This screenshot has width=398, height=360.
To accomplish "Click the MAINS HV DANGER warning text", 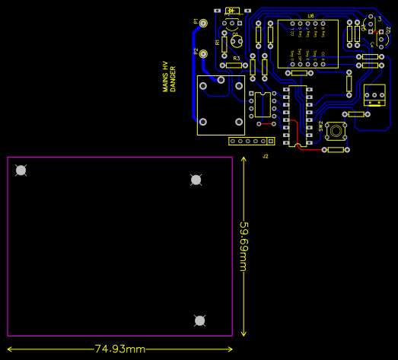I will coord(168,78).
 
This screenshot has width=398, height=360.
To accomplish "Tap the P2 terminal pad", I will coord(203,54).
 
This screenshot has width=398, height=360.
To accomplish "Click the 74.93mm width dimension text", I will coord(119,349).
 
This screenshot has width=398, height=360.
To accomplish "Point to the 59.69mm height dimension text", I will coord(244,247).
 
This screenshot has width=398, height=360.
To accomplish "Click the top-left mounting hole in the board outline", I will coord(21,170).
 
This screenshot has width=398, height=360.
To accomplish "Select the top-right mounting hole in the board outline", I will coord(196,180).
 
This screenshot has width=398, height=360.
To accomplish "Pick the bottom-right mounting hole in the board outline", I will coord(200,320).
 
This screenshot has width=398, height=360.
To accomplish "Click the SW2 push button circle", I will coord(336,129).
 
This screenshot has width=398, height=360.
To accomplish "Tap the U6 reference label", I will coord(310,16).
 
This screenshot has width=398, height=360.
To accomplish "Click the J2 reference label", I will coord(266,156).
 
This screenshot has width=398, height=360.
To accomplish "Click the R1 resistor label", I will coord(218,43).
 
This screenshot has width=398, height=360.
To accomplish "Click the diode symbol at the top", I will coord(232,11).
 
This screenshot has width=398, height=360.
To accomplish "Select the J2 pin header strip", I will coord(251,141).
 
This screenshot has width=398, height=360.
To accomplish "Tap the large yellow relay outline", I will coord(221,105).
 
